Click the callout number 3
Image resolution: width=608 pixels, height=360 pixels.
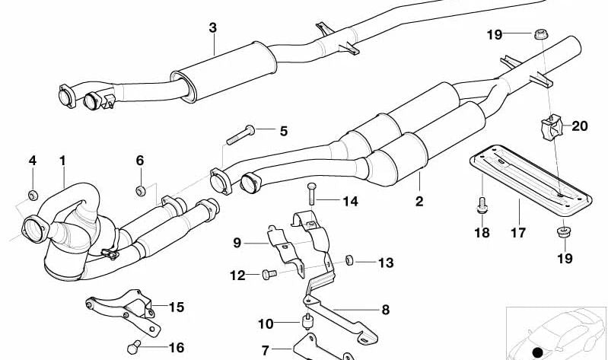click(x=213, y=28)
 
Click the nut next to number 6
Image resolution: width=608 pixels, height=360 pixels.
click(x=140, y=190)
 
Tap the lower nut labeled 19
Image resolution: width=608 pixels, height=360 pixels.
click(x=564, y=231)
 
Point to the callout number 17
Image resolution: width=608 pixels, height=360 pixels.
click(x=518, y=233)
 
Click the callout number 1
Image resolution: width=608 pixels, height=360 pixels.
click(x=62, y=161)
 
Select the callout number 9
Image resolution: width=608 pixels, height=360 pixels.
click(x=237, y=243)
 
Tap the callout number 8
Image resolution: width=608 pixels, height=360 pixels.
click(x=385, y=310)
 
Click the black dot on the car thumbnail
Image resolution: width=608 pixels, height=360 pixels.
click(x=539, y=352)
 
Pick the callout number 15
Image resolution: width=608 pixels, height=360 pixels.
click(x=176, y=307)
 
